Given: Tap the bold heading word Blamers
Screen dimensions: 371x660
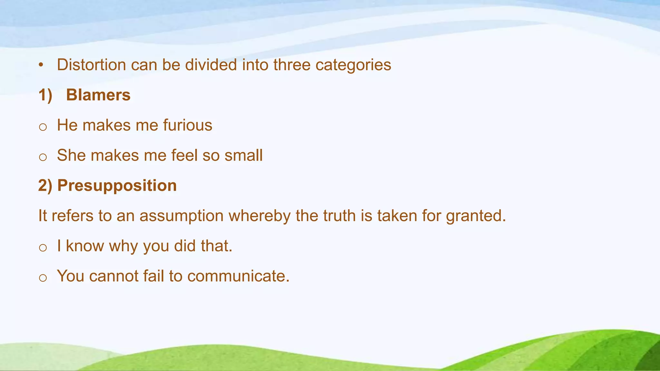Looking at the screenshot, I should coord(98,95).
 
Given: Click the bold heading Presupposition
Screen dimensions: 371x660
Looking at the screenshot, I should coord(117,185).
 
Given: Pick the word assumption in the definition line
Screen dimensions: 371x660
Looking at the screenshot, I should coord(181,216).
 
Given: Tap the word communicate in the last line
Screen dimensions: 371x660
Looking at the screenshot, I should coord(238,276).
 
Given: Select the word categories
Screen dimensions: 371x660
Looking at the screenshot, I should coord(353,65).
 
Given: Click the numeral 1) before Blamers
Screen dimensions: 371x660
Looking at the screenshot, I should coord(45,95).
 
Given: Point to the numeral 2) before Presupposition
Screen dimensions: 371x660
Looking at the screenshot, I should coord(45,185).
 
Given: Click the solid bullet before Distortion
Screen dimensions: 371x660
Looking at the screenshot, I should coord(41,65).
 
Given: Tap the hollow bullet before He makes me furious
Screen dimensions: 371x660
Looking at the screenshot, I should coord(43,127).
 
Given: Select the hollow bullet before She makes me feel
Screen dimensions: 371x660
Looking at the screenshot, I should coord(43,157).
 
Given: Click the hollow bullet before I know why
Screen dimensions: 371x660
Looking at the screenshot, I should coord(43,248).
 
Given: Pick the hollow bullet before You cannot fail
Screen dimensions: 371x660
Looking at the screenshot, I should coord(43,278).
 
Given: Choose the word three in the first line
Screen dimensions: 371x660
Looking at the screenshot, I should coord(292,65).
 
